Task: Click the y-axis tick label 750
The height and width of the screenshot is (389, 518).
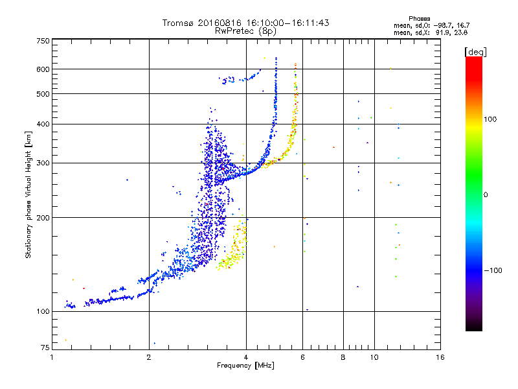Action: click(x=43, y=41)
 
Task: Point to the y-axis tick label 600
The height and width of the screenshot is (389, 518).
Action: click(x=43, y=69)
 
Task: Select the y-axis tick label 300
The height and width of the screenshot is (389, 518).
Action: click(x=43, y=163)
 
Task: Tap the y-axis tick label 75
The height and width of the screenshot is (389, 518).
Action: click(x=45, y=348)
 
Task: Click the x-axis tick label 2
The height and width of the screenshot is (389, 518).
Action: click(x=149, y=357)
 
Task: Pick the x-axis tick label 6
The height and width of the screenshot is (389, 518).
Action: click(x=302, y=357)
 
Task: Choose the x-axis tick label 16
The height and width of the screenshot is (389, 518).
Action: click(x=440, y=357)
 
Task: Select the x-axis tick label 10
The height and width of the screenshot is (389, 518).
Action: click(x=374, y=357)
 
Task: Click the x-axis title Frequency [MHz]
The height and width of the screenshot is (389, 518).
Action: click(x=245, y=366)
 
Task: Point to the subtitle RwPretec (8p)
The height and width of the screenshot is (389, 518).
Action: click(x=245, y=31)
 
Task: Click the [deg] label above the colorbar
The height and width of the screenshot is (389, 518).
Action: click(x=476, y=52)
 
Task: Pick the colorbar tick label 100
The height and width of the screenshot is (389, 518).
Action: click(x=490, y=119)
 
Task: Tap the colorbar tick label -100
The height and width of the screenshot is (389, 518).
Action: click(x=493, y=270)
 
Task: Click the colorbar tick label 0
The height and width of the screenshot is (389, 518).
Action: click(x=486, y=194)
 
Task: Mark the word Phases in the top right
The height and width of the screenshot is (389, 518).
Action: click(x=419, y=19)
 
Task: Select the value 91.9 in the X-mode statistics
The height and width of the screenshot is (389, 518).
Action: click(x=442, y=32)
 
